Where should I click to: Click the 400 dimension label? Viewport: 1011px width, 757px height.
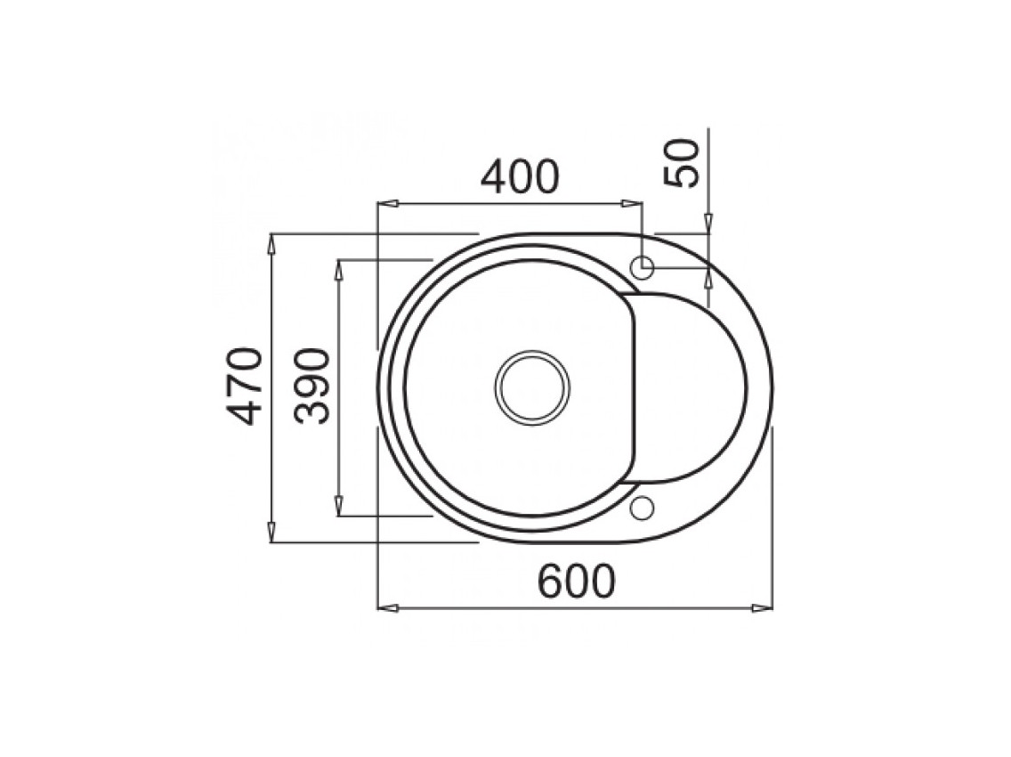[x=521, y=177]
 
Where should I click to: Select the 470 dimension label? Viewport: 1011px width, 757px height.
[x=244, y=386]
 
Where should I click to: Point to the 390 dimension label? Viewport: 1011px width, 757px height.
[x=313, y=386]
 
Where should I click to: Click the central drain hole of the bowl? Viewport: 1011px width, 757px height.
[x=532, y=388]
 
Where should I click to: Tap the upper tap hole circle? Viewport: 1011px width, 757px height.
[x=643, y=265]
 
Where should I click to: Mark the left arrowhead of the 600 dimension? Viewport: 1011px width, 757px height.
[x=386, y=607]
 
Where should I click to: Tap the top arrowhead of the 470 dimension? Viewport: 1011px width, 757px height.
[x=271, y=243]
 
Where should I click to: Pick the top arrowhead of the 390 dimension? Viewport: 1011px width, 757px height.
[x=339, y=269]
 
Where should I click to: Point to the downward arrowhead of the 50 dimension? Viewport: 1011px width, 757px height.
[x=708, y=224]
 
